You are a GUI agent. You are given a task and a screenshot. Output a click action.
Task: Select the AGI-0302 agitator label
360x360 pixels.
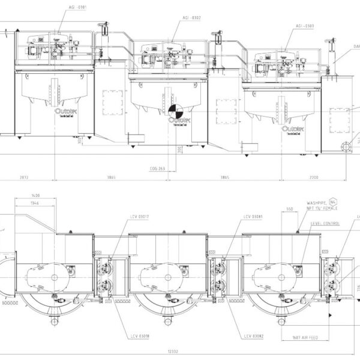point(191,18)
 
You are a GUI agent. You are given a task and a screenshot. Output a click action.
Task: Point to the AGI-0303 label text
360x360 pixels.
point(305,26)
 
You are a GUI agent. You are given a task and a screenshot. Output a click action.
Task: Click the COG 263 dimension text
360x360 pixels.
point(158,169)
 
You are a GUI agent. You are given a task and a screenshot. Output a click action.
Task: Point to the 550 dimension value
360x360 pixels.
point(290,210)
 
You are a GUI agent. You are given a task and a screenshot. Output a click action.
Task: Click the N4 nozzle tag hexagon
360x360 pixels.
point(333,203)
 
